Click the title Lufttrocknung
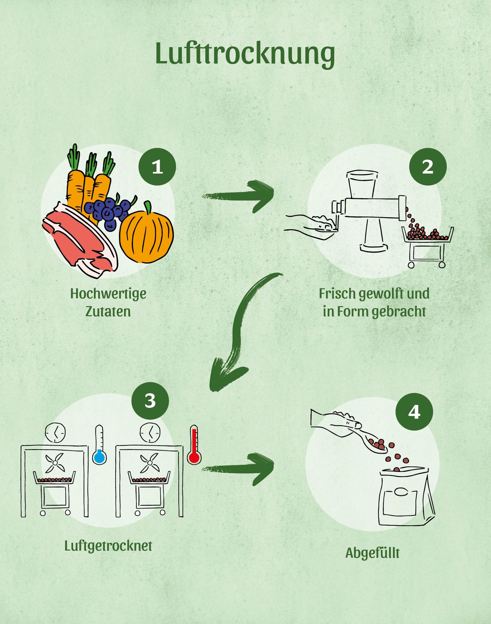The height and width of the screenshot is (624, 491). (x=245, y=54)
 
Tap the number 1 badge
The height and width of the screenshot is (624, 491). (x=157, y=167)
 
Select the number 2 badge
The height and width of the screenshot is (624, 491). (x=428, y=167)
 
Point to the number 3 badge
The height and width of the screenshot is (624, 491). (x=150, y=401)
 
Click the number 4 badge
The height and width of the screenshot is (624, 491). (x=414, y=412)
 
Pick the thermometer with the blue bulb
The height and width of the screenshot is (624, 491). (x=99, y=445)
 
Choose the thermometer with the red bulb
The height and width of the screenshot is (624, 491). (x=194, y=445)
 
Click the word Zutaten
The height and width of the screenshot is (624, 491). (x=108, y=311)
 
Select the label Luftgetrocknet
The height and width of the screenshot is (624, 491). (x=108, y=546)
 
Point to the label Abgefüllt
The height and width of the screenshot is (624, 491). (x=372, y=553)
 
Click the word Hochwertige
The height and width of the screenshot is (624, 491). (x=108, y=293)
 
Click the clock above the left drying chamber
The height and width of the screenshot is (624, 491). (x=55, y=433)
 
